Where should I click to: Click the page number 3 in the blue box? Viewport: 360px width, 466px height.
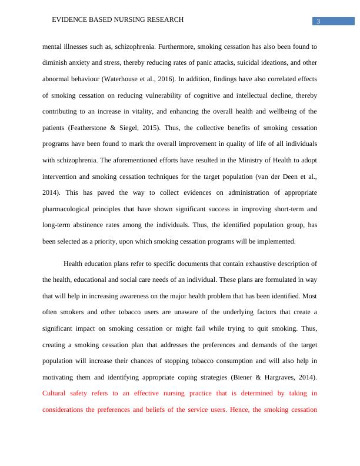click(318, 22)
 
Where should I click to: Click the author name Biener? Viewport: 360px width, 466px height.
click(242, 377)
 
